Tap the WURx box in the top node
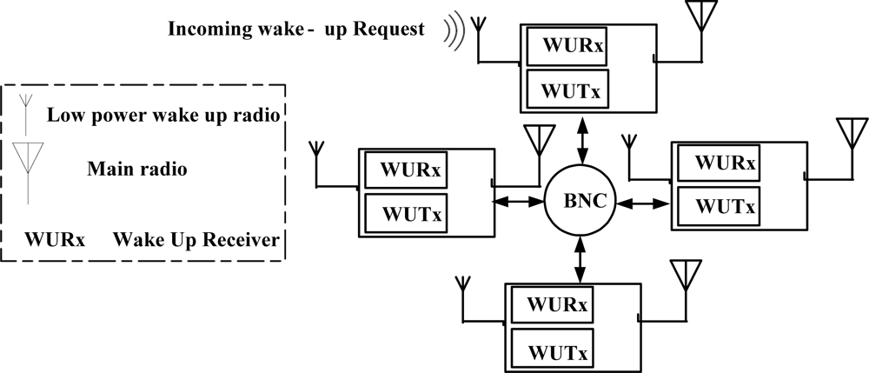[567, 45]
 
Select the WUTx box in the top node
[567, 89]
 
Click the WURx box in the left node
[406, 170]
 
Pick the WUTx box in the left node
[406, 213]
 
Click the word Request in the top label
[389, 29]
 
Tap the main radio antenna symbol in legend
[28, 172]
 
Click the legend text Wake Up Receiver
[196, 240]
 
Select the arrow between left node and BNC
[519, 203]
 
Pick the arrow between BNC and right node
[643, 204]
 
